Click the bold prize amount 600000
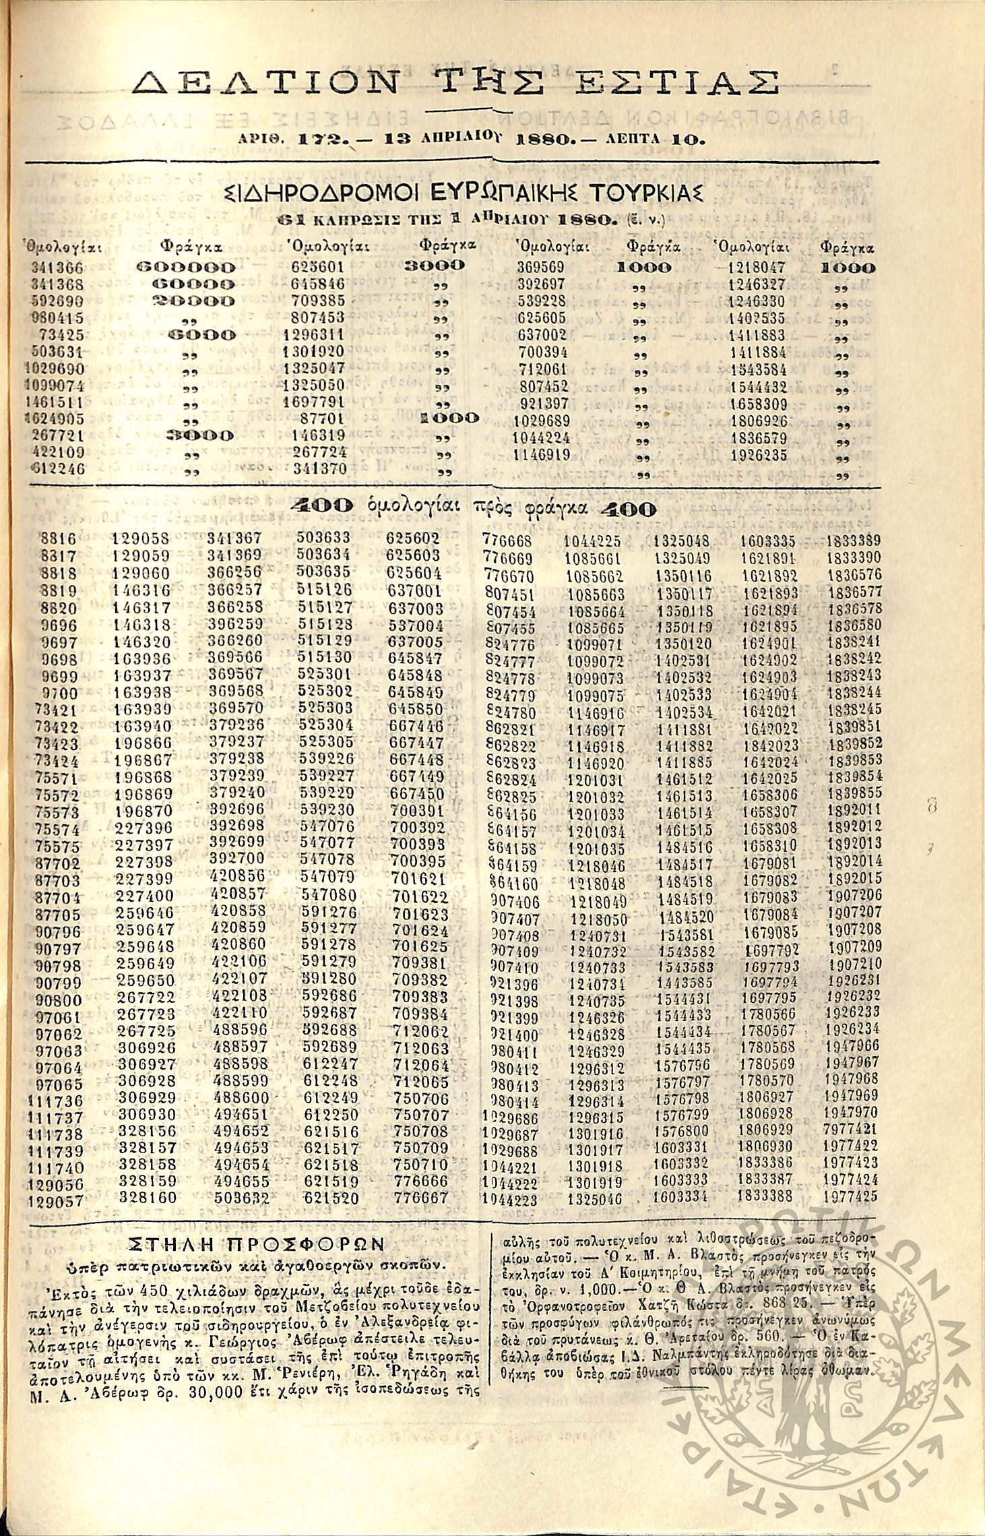[187, 267]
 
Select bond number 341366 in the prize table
[57, 267]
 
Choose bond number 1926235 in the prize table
[759, 455]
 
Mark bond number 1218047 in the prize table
[757, 267]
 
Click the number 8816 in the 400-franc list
[59, 539]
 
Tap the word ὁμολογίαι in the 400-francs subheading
[416, 507]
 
